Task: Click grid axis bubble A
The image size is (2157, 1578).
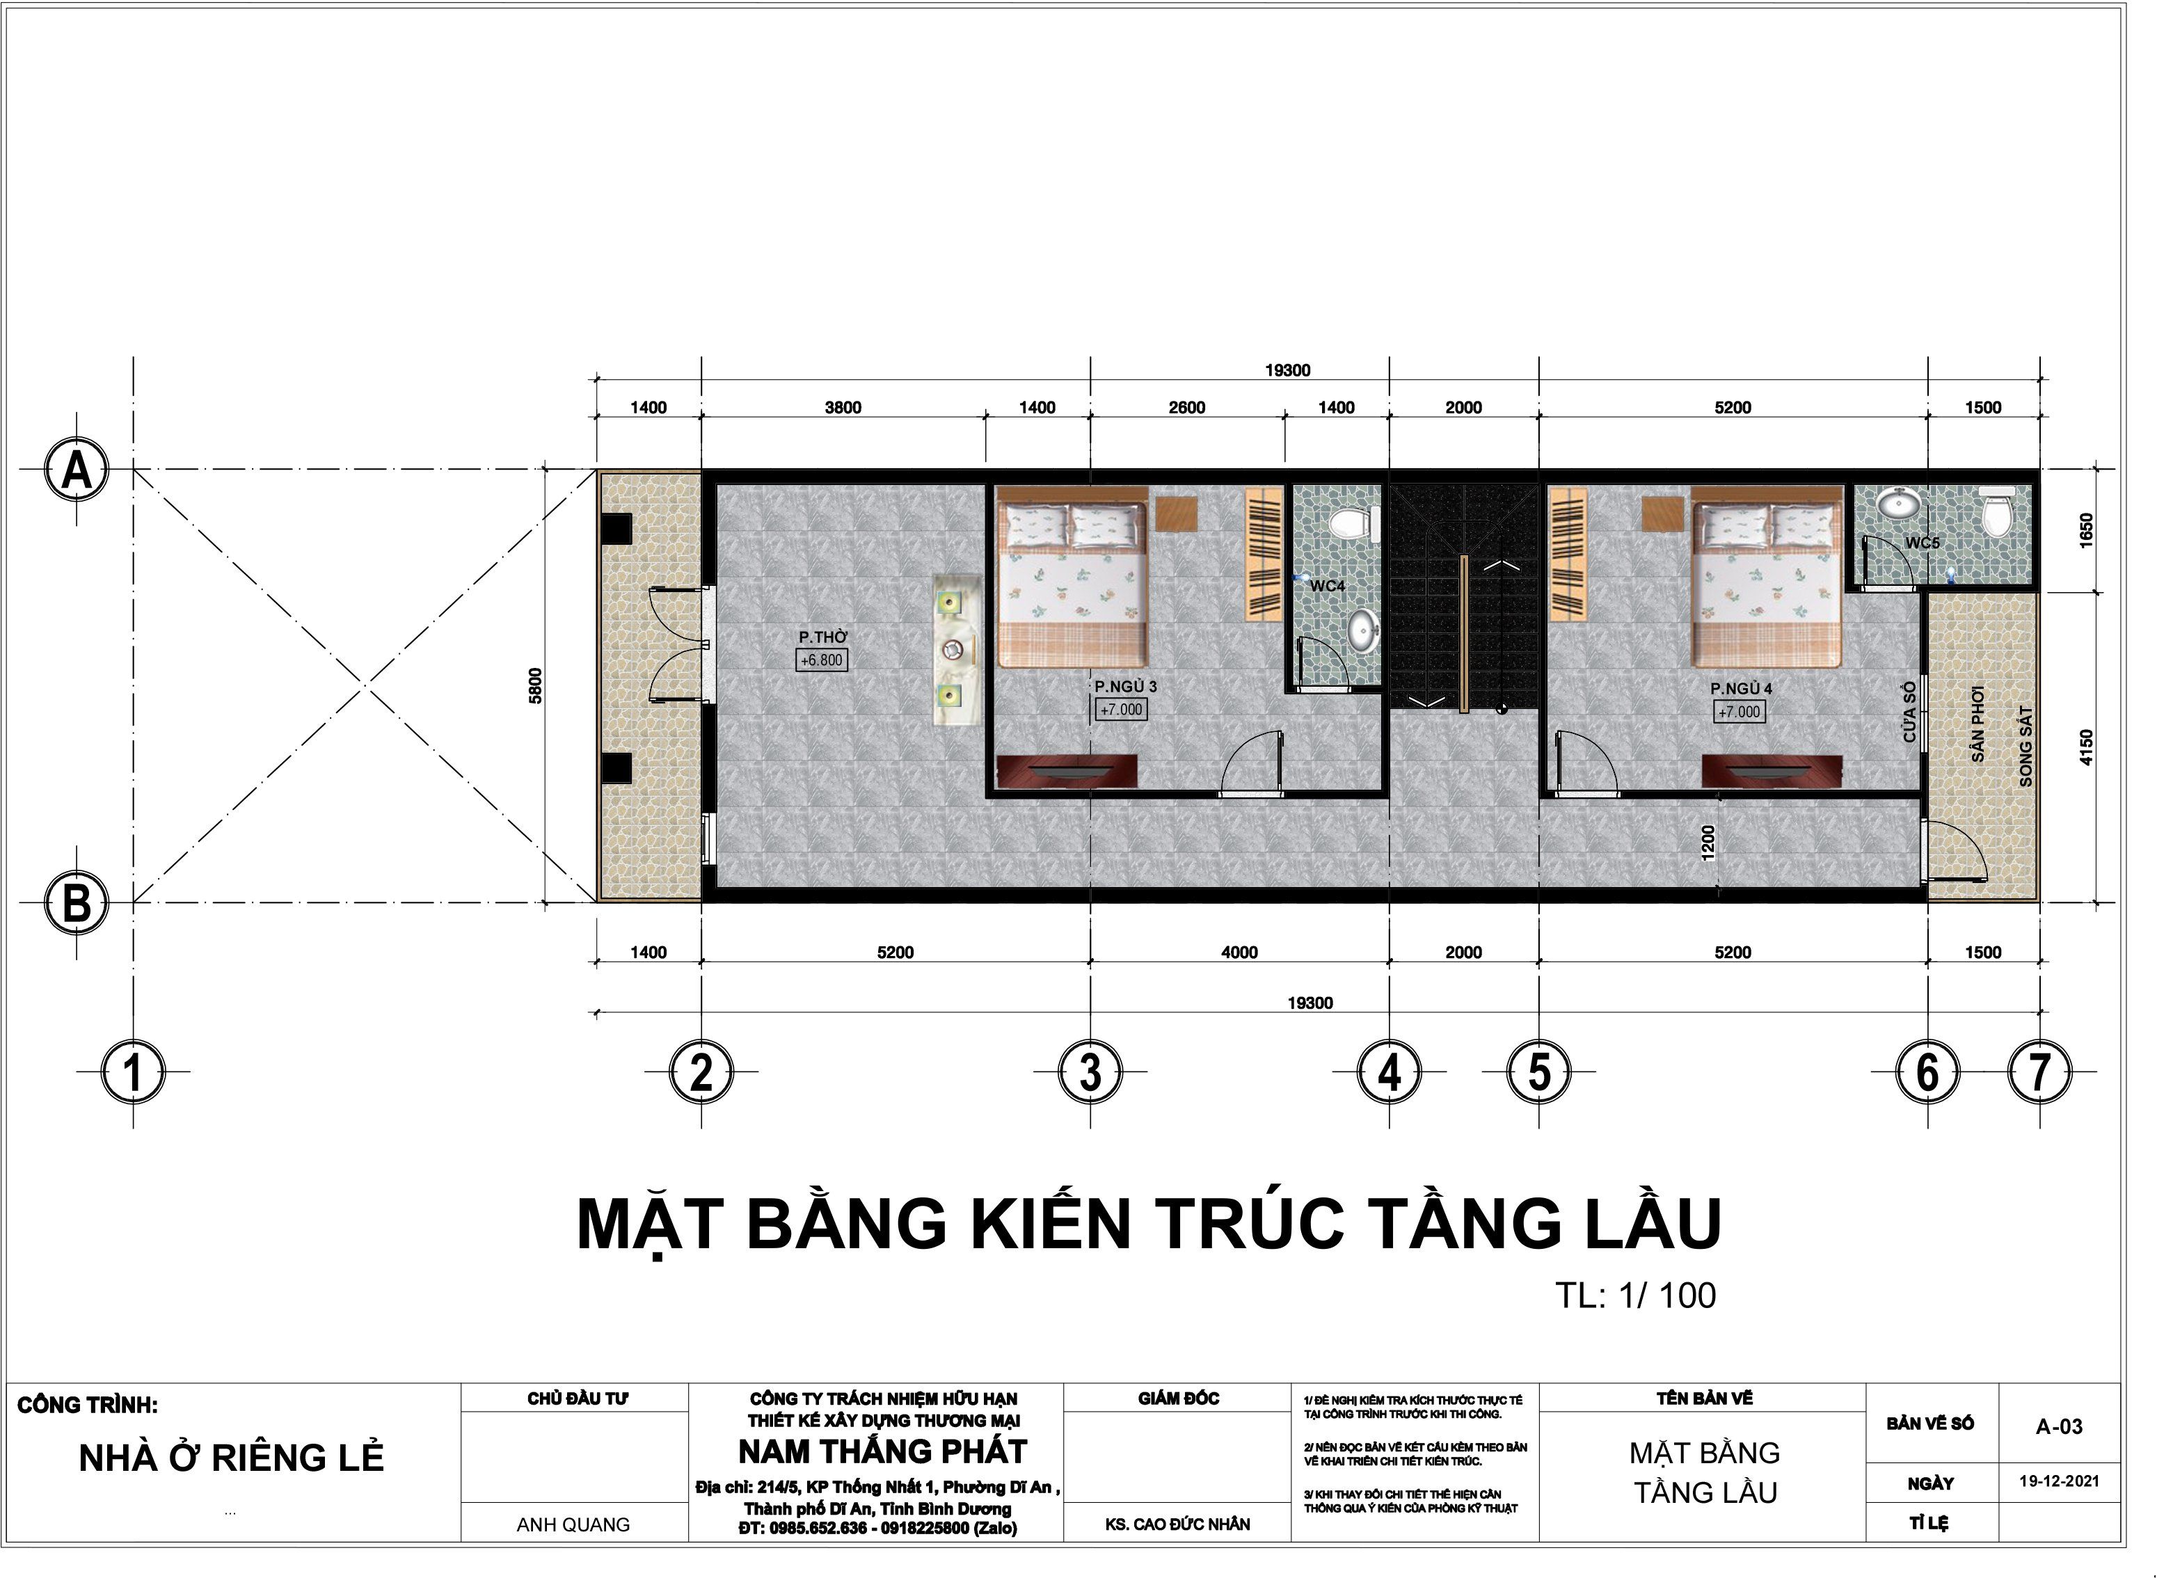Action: [x=77, y=470]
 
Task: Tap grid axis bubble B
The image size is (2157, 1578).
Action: [x=77, y=902]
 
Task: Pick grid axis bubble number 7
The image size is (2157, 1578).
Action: [x=2039, y=1071]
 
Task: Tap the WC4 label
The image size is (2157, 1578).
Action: [x=1327, y=586]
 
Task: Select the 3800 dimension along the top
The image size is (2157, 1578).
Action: [x=843, y=408]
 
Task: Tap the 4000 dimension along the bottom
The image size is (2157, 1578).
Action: [x=1239, y=953]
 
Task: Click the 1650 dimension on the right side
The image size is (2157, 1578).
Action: [x=2086, y=530]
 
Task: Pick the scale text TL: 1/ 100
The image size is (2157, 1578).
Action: [x=1635, y=1296]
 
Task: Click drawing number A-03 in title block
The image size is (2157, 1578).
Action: [x=2059, y=1427]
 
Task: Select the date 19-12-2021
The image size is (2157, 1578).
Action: [x=2059, y=1481]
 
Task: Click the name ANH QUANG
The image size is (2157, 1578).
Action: [x=573, y=1525]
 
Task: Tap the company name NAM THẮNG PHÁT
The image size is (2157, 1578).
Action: [x=883, y=1452]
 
